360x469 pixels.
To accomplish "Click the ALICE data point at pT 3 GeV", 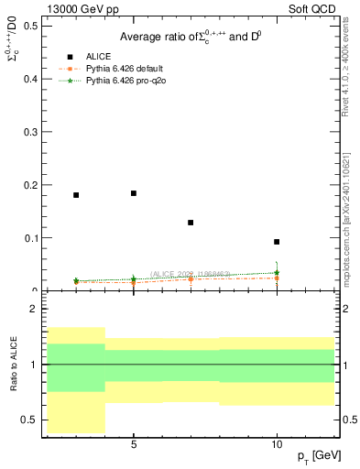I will click(x=76, y=195).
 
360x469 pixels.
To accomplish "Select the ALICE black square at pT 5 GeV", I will click(x=134, y=193).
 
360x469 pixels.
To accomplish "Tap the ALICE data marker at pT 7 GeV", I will click(x=191, y=223).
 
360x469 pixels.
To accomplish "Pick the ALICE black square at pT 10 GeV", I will click(x=277, y=242).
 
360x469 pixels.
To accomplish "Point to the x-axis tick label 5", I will click(x=134, y=443).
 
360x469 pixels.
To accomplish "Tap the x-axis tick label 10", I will click(x=277, y=443).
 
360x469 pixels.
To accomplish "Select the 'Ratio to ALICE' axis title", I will click(x=13, y=364).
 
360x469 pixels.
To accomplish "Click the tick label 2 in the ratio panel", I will click(x=34, y=310).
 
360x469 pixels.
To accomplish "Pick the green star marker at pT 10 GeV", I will click(x=277, y=272).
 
